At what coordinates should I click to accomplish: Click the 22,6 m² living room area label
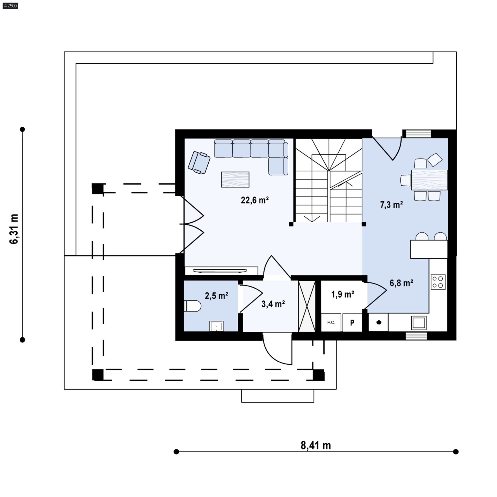[255, 200]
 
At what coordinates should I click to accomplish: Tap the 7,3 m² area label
[391, 205]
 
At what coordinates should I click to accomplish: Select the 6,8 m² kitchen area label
[401, 283]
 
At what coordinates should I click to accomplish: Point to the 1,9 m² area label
[343, 294]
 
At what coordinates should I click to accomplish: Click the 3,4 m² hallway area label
[273, 304]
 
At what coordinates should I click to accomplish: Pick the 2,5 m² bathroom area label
[216, 296]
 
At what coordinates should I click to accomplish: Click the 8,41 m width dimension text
[316, 445]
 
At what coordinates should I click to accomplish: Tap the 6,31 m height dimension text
[14, 229]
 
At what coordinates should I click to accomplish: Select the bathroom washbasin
[216, 326]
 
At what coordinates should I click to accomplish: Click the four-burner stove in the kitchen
[438, 282]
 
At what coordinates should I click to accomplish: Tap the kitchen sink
[419, 323]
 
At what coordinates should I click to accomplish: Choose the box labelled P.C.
[331, 323]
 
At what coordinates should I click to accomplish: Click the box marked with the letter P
[352, 323]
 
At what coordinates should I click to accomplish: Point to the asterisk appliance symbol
[379, 323]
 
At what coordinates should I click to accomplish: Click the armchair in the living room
[199, 163]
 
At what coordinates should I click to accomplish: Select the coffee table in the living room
[235, 179]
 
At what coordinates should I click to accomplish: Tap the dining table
[429, 180]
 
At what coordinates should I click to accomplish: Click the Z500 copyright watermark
[10, 5]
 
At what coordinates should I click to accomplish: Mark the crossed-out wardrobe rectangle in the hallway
[307, 306]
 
